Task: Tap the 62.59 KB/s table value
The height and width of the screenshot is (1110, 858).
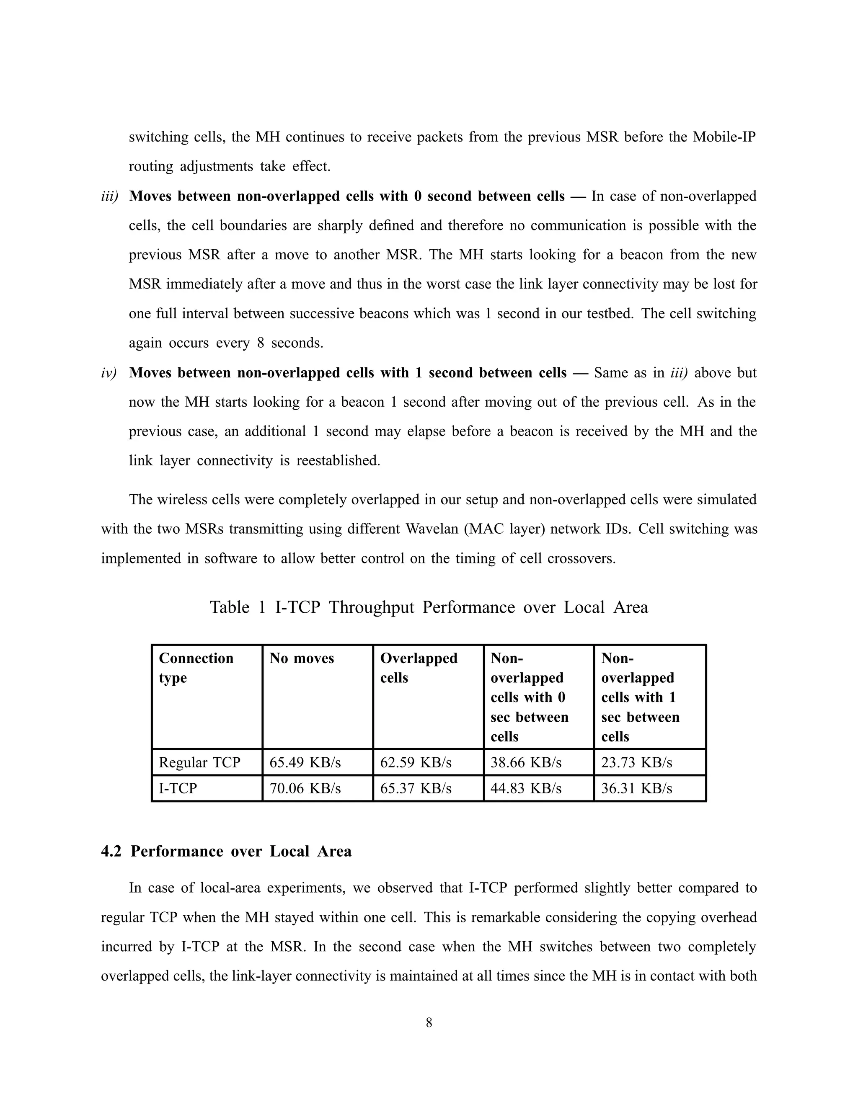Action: click(x=416, y=762)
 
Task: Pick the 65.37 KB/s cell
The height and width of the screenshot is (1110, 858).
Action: click(x=416, y=788)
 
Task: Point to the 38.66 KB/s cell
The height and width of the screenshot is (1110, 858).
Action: click(x=526, y=762)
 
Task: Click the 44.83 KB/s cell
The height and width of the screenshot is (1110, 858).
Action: click(x=526, y=788)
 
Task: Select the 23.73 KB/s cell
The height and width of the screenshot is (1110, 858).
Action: click(x=636, y=762)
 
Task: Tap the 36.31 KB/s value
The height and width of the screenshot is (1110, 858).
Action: click(x=636, y=788)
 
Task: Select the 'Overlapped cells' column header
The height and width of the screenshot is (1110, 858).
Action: click(x=419, y=668)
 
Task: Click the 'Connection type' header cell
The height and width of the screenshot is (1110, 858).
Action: click(x=196, y=668)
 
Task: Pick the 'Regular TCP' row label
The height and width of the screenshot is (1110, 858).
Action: click(x=199, y=762)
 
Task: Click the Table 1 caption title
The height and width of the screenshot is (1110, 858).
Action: click(x=429, y=607)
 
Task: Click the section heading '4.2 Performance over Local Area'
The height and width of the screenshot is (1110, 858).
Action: click(x=226, y=851)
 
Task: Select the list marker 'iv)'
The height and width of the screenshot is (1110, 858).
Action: click(x=109, y=373)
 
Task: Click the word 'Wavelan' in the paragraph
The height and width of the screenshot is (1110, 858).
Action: click(x=432, y=529)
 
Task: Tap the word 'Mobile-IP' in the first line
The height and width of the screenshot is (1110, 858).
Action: click(x=724, y=137)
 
